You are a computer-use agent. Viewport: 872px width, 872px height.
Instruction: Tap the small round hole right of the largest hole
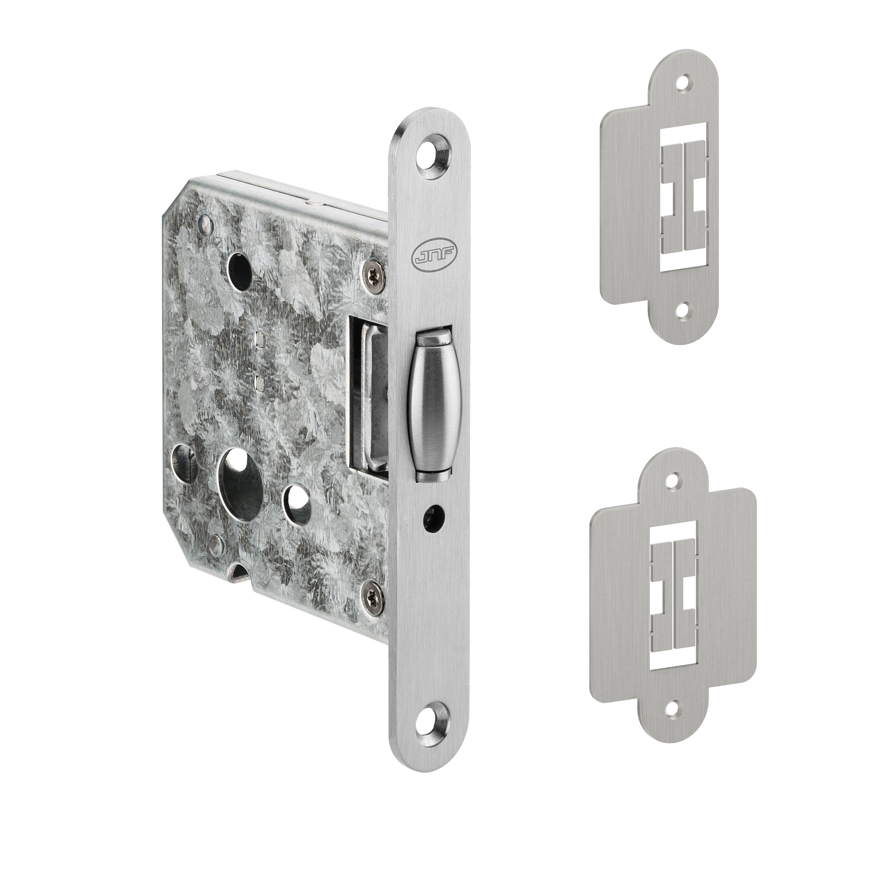[297, 502]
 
